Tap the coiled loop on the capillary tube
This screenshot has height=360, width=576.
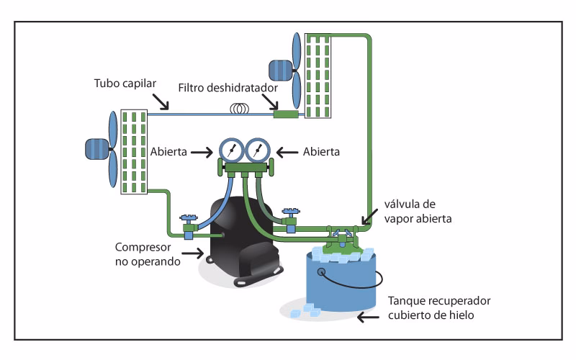[x=239, y=109]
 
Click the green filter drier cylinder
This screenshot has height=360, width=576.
[x=287, y=114]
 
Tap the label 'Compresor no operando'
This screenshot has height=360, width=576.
[x=142, y=253]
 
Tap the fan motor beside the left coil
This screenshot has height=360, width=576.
[x=96, y=148]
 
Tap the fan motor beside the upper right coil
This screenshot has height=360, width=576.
[x=279, y=70]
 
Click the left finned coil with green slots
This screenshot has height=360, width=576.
[x=134, y=151]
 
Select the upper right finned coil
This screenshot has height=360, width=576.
[x=318, y=75]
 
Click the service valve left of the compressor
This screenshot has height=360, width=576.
[x=189, y=227]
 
